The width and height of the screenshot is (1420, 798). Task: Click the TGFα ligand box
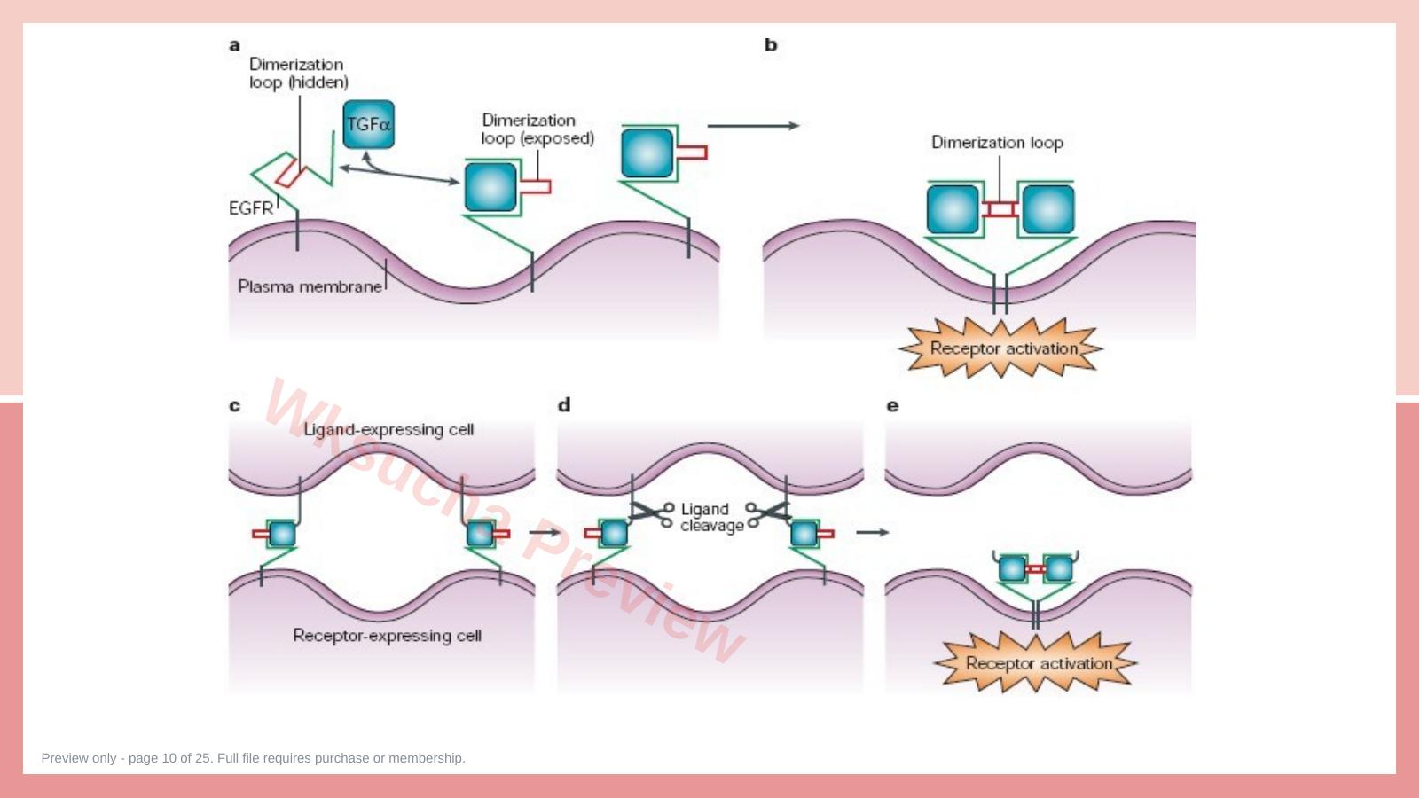[368, 124]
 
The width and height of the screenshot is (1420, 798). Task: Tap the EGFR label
[251, 207]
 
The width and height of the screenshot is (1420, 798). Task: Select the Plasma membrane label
[310, 286]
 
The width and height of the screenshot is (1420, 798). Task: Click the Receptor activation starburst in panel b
[1002, 348]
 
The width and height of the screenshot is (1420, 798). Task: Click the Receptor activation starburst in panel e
[1037, 663]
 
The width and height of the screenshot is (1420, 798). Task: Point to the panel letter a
[234, 45]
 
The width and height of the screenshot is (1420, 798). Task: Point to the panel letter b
[771, 44]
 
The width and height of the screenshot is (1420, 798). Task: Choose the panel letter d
[564, 404]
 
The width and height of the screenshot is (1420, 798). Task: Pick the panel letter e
[892, 406]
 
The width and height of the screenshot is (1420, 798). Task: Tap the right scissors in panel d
[768, 513]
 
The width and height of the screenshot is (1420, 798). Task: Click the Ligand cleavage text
[711, 517]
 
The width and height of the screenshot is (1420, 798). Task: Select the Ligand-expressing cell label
[388, 430]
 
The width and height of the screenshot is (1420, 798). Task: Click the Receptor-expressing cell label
[388, 635]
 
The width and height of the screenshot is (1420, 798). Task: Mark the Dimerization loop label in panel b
[997, 143]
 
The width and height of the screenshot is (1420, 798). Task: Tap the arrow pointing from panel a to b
[753, 126]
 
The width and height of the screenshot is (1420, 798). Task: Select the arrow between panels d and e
[872, 532]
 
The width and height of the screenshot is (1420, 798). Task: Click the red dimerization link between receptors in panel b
[1000, 208]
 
